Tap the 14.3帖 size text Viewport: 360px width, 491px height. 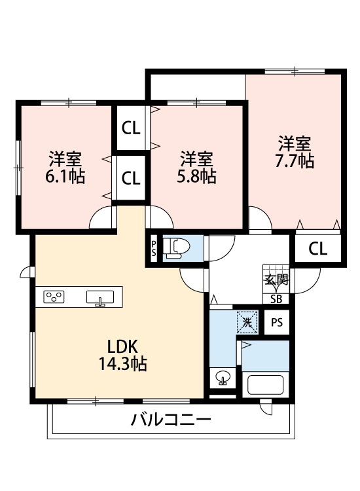[x=118, y=365]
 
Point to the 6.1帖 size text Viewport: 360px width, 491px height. [x=65, y=177]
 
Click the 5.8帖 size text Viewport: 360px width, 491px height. [x=197, y=177]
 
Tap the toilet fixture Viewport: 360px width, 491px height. [x=179, y=248]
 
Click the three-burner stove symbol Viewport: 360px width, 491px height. [x=54, y=297]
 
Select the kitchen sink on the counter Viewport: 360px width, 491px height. [x=100, y=298]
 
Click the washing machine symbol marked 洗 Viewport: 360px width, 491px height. [x=246, y=321]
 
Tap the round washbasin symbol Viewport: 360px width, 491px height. [x=223, y=378]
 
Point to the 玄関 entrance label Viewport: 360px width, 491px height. [x=276, y=280]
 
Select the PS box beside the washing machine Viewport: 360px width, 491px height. [x=278, y=322]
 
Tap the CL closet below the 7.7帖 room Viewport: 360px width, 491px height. [x=317, y=248]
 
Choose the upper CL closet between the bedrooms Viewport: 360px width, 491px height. [x=131, y=128]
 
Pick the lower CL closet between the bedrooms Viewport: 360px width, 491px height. [x=131, y=177]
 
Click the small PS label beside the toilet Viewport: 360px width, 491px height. [x=154, y=249]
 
